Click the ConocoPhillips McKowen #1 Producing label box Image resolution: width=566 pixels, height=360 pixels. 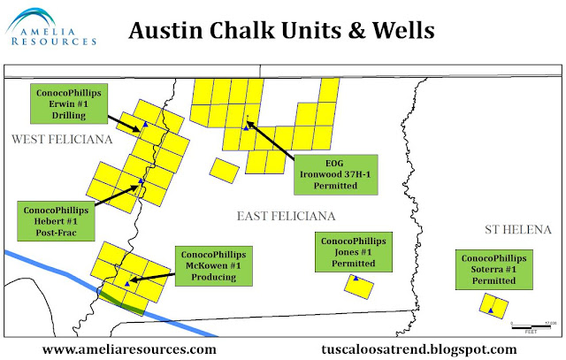pos(213,265)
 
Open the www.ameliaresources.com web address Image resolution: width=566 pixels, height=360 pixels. pos(123,349)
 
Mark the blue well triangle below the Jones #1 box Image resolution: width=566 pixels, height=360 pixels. pos(355,280)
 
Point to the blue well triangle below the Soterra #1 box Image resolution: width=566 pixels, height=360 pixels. pos(490,310)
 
